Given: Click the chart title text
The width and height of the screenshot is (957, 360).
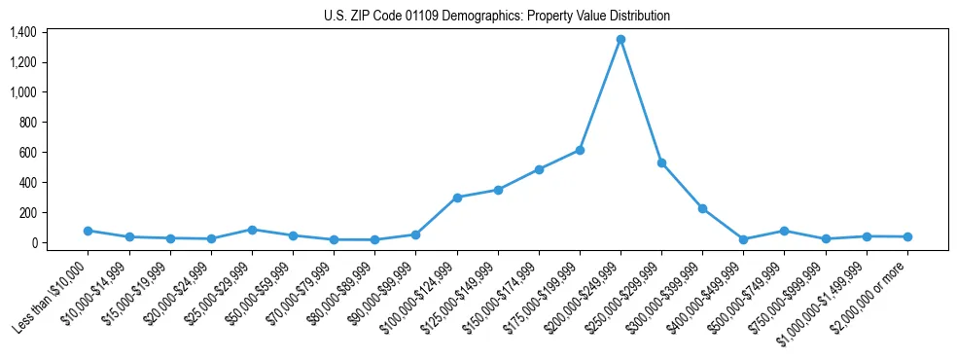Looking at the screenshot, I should point(497,16).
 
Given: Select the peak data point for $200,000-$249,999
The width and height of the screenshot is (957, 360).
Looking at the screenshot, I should point(620,40).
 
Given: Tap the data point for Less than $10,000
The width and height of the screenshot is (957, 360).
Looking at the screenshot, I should point(89,231).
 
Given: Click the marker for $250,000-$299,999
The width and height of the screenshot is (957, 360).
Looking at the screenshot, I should point(661,163).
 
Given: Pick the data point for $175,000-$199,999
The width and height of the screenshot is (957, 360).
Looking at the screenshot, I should point(580,150).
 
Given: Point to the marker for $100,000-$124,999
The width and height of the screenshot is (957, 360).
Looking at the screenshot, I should point(457,198).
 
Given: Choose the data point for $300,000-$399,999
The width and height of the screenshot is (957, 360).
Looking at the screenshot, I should point(702,208).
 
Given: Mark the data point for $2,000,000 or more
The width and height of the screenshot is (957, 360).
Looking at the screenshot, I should point(907,236).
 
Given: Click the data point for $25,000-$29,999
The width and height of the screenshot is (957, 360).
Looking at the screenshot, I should point(252,230).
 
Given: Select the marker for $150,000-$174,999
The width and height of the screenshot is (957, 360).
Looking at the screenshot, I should point(539,169).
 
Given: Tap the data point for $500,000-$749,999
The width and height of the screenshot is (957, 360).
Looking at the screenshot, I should point(784,231).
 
